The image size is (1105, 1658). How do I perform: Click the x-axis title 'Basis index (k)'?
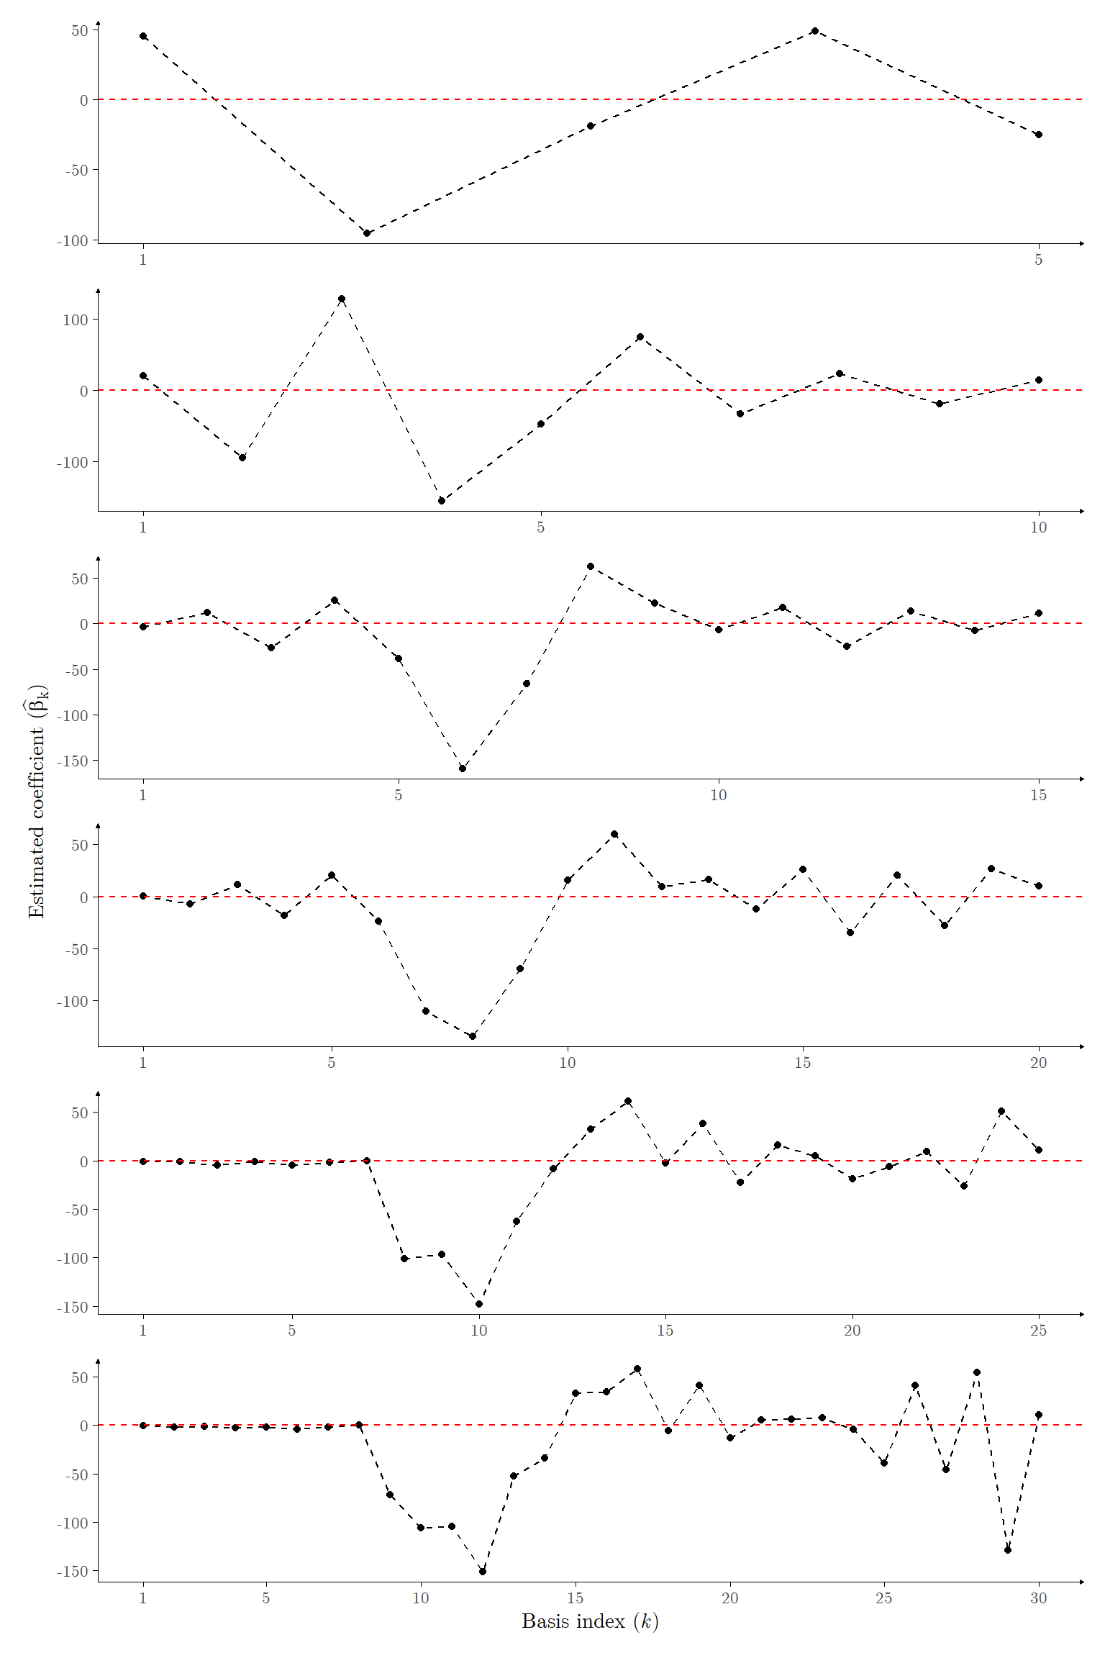(x=590, y=1621)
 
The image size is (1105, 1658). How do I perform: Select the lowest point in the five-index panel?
(x=367, y=233)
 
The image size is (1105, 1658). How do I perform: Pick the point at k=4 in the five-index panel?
(x=814, y=31)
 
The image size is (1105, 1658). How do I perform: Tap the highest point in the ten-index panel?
(x=342, y=299)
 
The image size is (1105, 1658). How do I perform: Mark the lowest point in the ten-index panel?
(x=442, y=501)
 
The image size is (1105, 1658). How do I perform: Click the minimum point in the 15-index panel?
(x=463, y=769)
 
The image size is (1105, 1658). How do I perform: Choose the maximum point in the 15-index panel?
(x=591, y=566)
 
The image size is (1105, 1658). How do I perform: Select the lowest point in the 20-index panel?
(x=473, y=1036)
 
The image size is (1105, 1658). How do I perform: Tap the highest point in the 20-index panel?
(x=614, y=834)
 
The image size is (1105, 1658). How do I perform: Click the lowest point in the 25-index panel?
(x=479, y=1304)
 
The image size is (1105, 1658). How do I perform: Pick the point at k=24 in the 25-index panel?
(x=1001, y=1111)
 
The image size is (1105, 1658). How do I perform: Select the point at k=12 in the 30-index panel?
(x=483, y=1572)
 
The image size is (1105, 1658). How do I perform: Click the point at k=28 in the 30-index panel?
(x=977, y=1372)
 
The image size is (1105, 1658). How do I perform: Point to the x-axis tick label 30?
(x=1038, y=1598)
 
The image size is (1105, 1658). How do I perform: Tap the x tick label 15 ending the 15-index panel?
(x=1038, y=795)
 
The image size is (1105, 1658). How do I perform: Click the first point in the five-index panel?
(x=143, y=36)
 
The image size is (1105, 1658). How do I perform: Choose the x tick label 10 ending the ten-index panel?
(x=1038, y=527)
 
